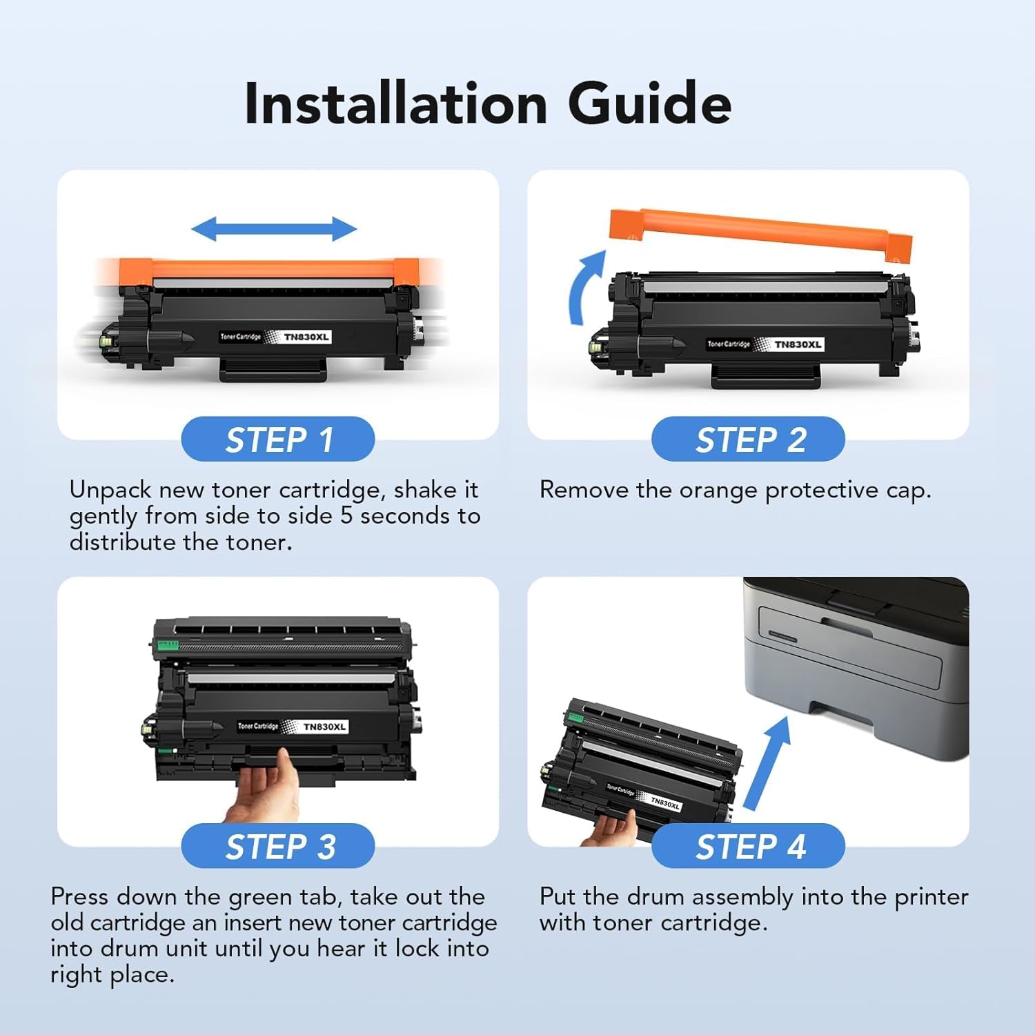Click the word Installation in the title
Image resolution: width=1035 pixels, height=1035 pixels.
[396, 103]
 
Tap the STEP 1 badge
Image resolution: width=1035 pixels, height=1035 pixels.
[278, 440]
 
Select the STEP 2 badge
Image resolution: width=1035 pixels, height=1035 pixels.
[749, 440]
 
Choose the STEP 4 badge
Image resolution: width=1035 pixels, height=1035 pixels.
[749, 846]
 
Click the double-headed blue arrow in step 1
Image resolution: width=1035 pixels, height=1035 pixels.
[274, 228]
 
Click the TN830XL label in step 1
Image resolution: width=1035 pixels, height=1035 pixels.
[306, 337]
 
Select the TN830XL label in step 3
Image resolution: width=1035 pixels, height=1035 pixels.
[324, 727]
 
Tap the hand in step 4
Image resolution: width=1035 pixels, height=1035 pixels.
[611, 828]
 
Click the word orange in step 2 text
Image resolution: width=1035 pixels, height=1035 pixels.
[718, 491]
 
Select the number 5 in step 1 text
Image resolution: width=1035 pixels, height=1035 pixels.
[346, 516]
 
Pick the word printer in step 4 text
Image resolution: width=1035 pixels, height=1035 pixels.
[931, 897]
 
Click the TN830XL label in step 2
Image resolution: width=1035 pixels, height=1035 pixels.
[798, 344]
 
